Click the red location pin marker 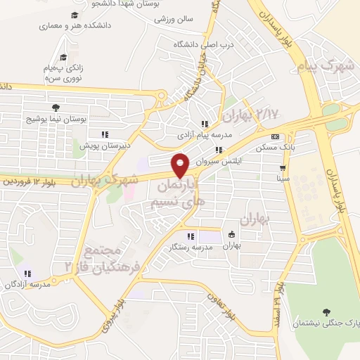pyautogui.click(x=181, y=165)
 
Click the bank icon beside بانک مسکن pyautogui.click(x=275, y=136)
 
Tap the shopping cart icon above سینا pyautogui.click(x=282, y=168)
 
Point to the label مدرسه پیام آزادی pyautogui.click(x=203, y=136)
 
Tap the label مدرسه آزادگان pyautogui.click(x=27, y=285)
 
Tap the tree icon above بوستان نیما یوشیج pyautogui.click(x=55, y=108)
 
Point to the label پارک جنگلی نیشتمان pyautogui.click(x=324, y=323)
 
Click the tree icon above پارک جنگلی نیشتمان pyautogui.click(x=325, y=311)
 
